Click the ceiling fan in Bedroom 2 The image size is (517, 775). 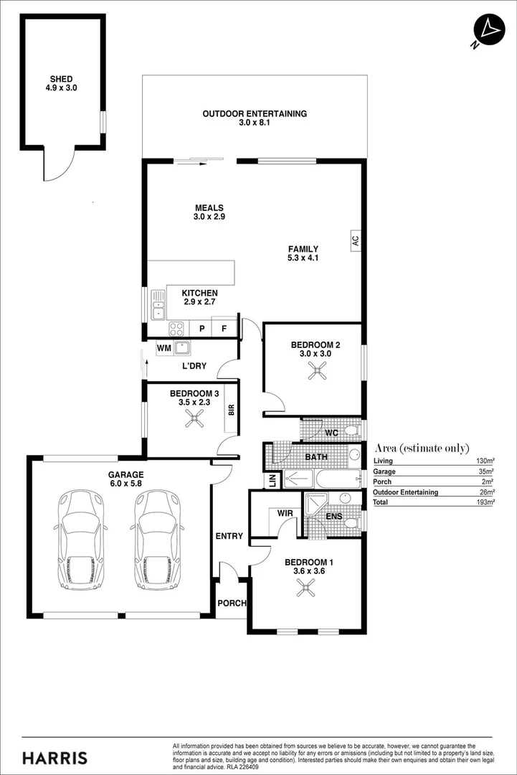point(316,370)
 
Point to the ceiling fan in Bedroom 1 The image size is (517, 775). point(306,588)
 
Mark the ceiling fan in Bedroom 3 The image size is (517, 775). point(194,421)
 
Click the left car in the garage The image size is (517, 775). point(80,539)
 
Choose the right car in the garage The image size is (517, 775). point(156,539)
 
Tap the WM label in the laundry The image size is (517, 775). point(163,349)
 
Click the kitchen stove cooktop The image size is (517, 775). point(176,329)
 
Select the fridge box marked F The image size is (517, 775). point(224,329)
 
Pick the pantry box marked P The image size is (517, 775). point(202,329)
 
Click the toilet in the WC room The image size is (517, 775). point(349,431)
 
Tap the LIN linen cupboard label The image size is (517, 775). point(272,481)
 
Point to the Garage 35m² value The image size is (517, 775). point(487,471)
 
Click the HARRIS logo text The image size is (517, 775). point(55,758)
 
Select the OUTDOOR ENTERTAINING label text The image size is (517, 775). point(255,113)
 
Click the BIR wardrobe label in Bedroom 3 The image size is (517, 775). point(231,410)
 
